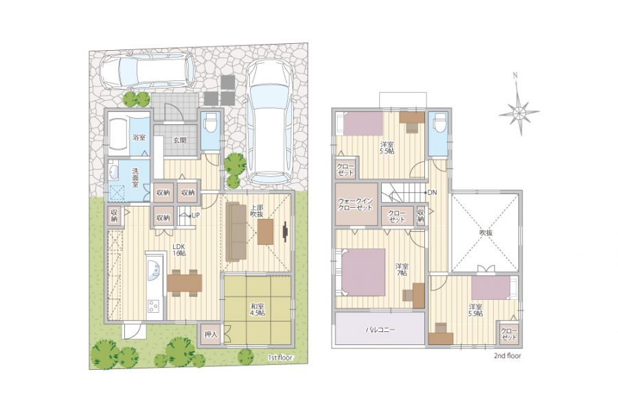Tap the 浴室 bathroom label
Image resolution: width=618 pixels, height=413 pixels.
point(139,137)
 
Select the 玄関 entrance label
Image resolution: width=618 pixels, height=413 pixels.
point(180,140)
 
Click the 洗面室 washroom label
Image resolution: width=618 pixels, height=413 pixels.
point(135,178)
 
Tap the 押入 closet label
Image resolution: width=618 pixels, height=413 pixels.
point(211,335)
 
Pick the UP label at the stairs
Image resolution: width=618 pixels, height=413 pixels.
point(196,215)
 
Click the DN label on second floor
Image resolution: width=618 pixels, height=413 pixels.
point(432,193)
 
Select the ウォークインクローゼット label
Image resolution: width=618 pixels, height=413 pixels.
point(355,204)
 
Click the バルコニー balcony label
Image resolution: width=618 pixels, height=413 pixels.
point(380,329)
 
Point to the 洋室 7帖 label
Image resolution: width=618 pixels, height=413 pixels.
point(402,270)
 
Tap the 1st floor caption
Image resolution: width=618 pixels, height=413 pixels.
point(280,358)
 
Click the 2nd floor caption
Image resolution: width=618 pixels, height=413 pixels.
point(507,355)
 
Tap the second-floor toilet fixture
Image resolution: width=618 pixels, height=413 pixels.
point(438,123)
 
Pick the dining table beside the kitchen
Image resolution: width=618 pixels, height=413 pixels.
point(185,283)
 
